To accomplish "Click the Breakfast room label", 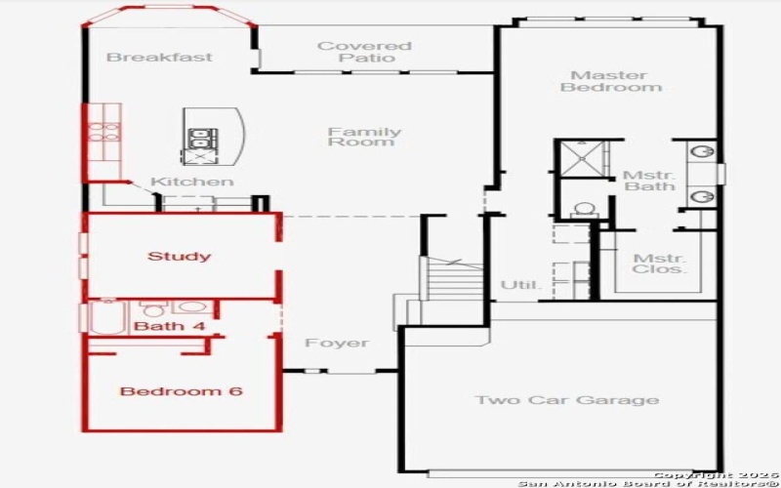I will pos(159,57).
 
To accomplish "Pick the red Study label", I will pos(179,257).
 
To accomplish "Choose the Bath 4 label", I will pos(169,326).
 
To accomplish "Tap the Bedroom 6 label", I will pos(181,391).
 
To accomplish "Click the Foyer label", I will pos(337,343).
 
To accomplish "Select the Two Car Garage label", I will pos(566,400).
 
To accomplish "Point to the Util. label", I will pos(520,285).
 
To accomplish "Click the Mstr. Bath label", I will pos(649,180).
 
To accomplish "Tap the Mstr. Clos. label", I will pos(659,264).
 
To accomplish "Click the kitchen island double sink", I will pos(199,142).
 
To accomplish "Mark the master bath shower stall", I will pos(581,159).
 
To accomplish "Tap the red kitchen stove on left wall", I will pos(102,131).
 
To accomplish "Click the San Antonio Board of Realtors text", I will pos(648,483).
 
